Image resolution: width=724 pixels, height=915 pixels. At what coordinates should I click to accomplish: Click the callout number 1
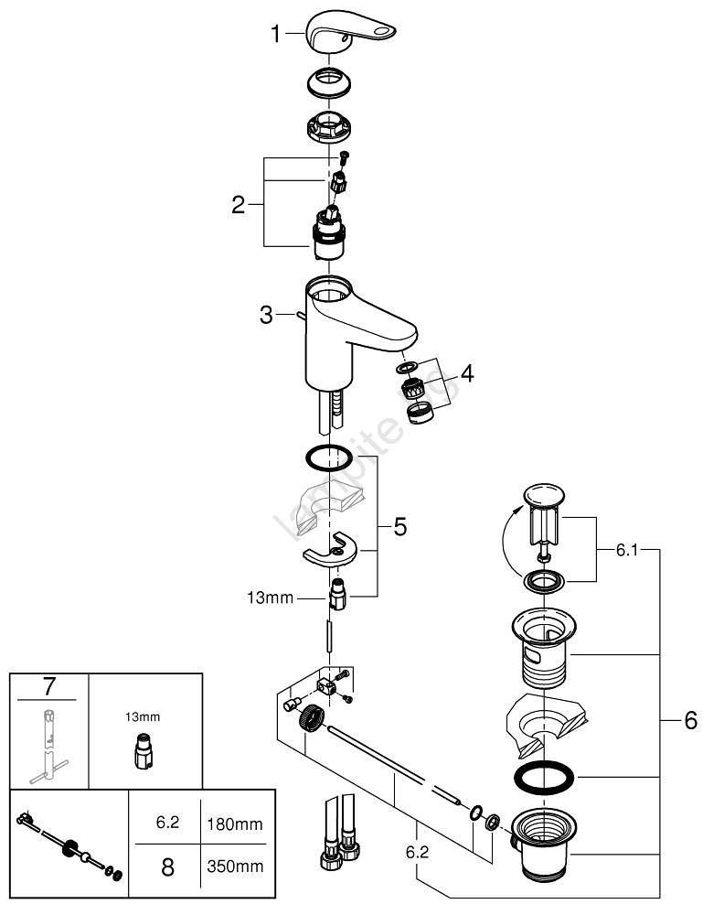(276, 36)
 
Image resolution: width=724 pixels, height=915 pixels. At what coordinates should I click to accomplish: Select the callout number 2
(239, 204)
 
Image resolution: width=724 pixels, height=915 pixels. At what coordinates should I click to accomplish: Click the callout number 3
(266, 316)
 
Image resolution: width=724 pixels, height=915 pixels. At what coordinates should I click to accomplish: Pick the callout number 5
(399, 526)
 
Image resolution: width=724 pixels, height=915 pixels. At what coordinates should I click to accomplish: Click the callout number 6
(690, 720)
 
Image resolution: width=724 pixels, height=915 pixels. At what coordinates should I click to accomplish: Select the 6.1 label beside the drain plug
(626, 551)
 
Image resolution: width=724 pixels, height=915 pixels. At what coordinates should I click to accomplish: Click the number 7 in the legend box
(50, 684)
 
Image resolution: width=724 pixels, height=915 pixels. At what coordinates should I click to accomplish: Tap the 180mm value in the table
(236, 824)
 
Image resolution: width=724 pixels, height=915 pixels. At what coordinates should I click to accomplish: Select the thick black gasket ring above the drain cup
(546, 779)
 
